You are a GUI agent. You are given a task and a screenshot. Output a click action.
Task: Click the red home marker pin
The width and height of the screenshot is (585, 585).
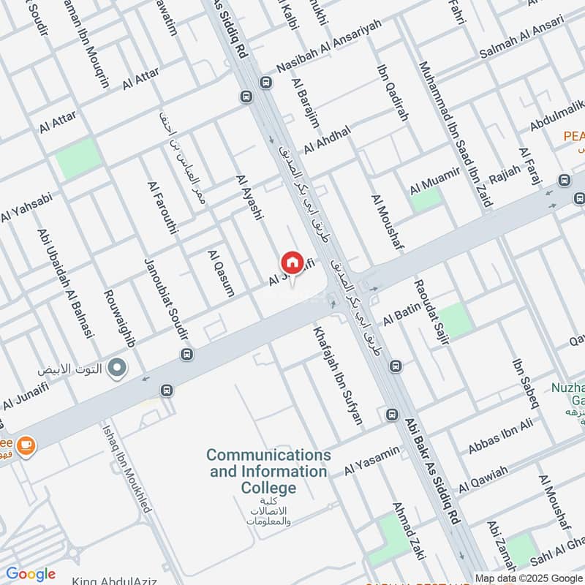coord(291,263)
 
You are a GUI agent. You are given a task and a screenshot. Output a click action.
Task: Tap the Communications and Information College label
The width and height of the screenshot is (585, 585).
coord(268,472)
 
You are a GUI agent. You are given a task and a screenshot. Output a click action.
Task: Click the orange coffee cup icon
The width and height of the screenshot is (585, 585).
coord(26,445)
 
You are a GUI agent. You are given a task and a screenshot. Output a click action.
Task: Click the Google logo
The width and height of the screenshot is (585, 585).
coord(31,574)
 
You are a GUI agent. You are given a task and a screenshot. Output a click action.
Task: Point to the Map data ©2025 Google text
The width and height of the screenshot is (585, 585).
coord(529,578)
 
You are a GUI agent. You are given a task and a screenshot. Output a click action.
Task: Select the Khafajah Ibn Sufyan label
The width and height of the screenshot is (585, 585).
coord(337,375)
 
